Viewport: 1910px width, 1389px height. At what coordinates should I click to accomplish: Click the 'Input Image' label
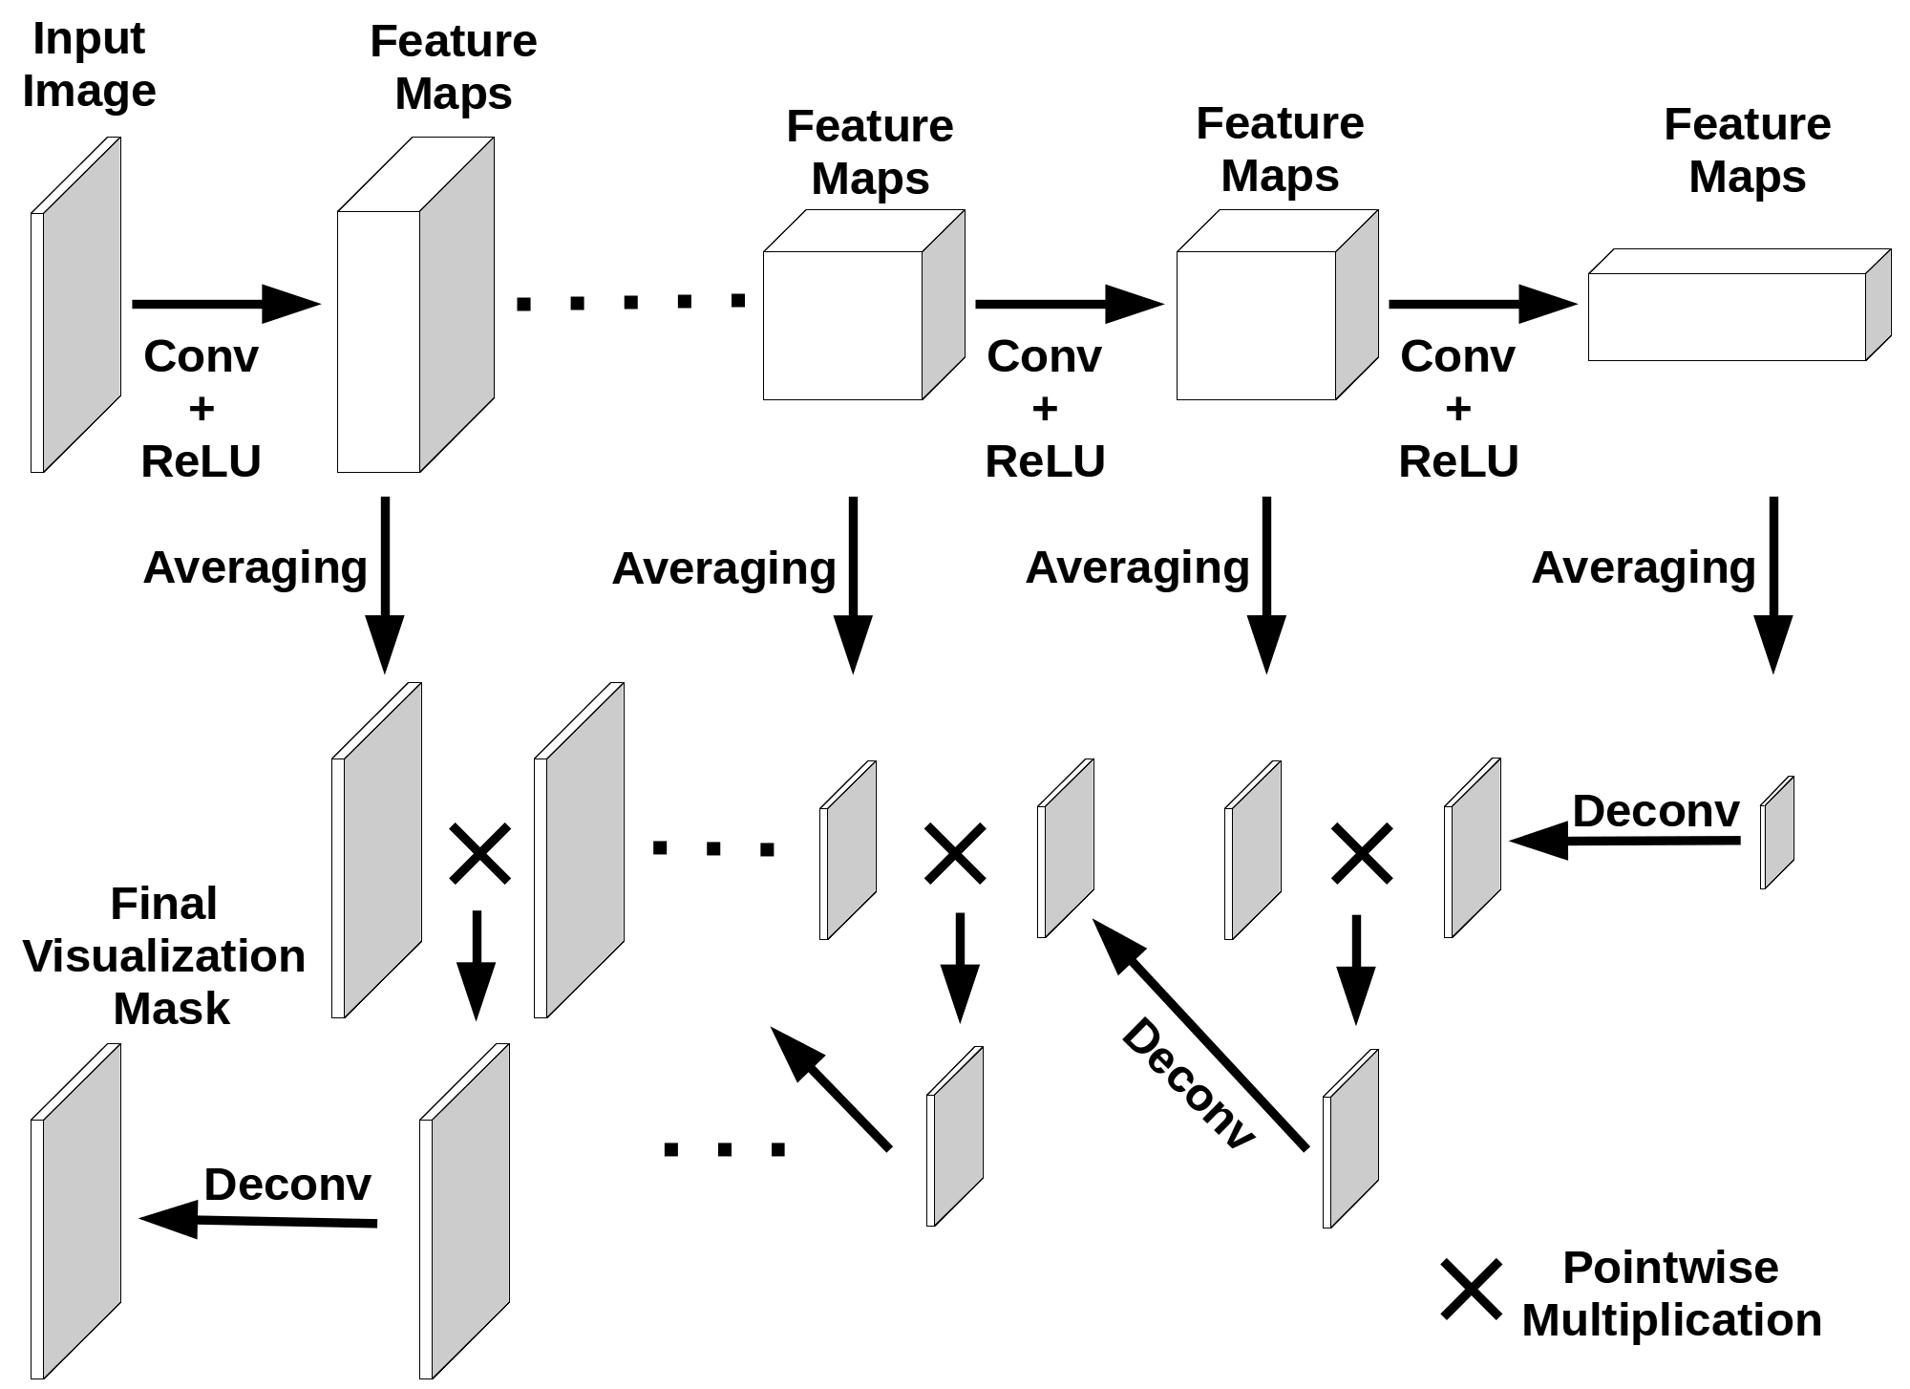[x=89, y=65]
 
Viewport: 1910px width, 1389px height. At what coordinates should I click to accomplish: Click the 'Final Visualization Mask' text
[x=164, y=955]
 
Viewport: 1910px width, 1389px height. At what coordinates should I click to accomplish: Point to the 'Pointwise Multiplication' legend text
[x=1671, y=1293]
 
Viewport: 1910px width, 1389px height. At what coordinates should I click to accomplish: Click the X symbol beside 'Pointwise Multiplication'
[x=1471, y=1290]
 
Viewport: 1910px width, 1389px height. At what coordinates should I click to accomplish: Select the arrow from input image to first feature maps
[x=224, y=304]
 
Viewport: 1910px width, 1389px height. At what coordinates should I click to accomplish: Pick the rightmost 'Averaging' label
[x=1644, y=567]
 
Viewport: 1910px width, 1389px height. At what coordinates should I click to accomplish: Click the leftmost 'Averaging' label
[x=255, y=567]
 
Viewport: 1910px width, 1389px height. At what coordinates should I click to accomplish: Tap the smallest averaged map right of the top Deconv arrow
[x=1777, y=832]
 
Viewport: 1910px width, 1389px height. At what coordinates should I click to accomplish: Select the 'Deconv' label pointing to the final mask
[x=286, y=1185]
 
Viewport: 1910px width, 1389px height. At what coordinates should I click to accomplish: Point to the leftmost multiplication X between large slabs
[x=479, y=853]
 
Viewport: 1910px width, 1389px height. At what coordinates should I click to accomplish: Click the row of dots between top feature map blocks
[x=630, y=303]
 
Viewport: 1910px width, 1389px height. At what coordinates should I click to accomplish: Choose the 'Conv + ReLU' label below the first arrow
[x=201, y=409]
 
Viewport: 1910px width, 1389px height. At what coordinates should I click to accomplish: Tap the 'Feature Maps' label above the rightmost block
[x=1747, y=151]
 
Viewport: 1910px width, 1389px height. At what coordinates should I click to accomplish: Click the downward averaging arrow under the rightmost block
[x=1773, y=583]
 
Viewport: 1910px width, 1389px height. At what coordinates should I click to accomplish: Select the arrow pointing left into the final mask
[x=258, y=1220]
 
